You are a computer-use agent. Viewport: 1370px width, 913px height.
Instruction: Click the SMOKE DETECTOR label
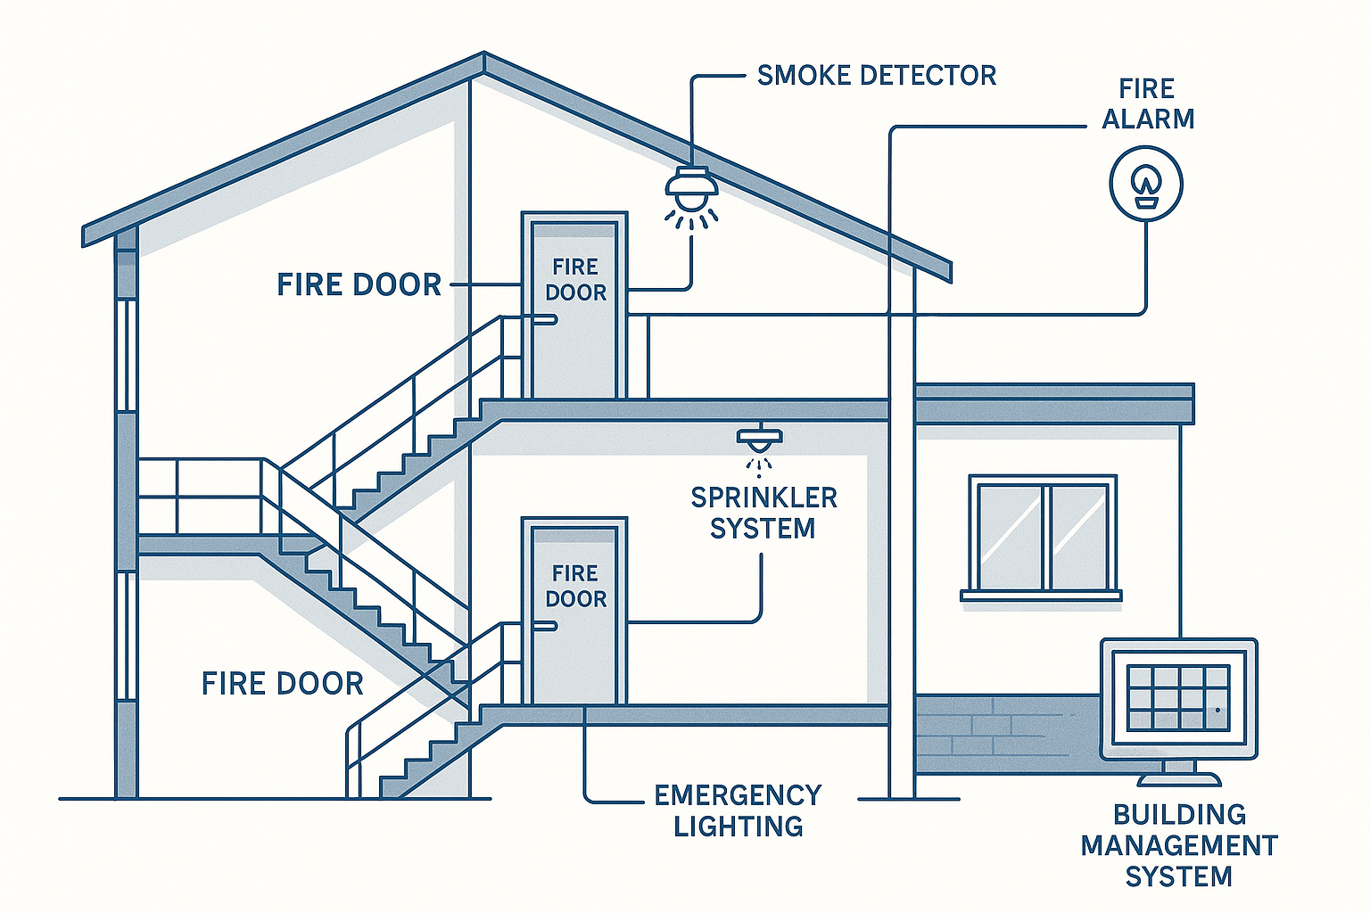(x=876, y=76)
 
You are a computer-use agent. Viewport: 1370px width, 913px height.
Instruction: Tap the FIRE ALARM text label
(x=1147, y=103)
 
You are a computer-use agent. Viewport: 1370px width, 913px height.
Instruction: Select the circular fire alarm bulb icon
(x=1145, y=184)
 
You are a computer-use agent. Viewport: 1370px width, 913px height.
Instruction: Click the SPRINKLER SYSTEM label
(x=763, y=513)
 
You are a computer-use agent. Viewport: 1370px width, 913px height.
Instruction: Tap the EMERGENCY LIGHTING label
(x=738, y=810)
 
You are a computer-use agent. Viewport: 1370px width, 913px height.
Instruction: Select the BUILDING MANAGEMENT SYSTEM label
(x=1178, y=845)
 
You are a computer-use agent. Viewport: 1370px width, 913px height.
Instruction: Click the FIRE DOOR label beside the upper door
(x=359, y=285)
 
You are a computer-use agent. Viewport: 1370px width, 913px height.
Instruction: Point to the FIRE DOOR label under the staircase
(x=282, y=684)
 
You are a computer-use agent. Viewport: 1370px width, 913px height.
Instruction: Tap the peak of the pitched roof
(x=483, y=59)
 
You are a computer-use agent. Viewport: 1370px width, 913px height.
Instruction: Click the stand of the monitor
(x=1178, y=772)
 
